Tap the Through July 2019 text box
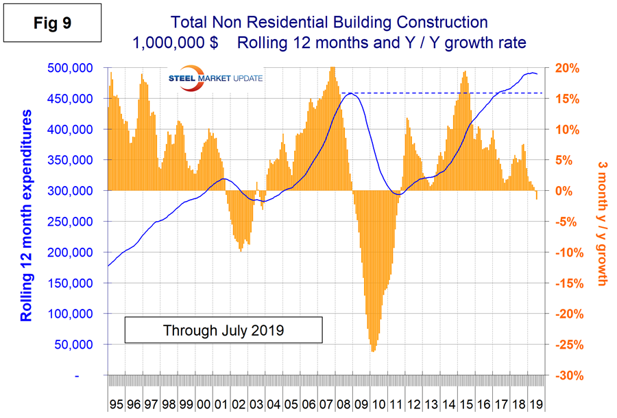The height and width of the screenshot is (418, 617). (223, 330)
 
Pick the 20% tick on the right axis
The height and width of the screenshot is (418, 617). (567, 68)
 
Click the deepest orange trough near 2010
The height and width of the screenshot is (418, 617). (373, 351)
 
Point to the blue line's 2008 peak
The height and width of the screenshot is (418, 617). (350, 93)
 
